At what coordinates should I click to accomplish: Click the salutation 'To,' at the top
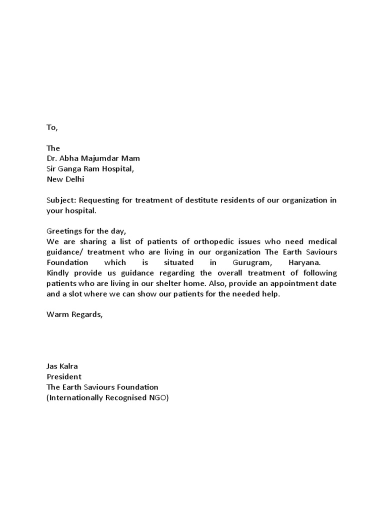[x=52, y=127]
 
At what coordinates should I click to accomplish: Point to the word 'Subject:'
[x=60, y=200]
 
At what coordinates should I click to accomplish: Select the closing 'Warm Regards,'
[x=74, y=314]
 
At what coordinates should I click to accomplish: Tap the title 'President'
[x=64, y=376]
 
